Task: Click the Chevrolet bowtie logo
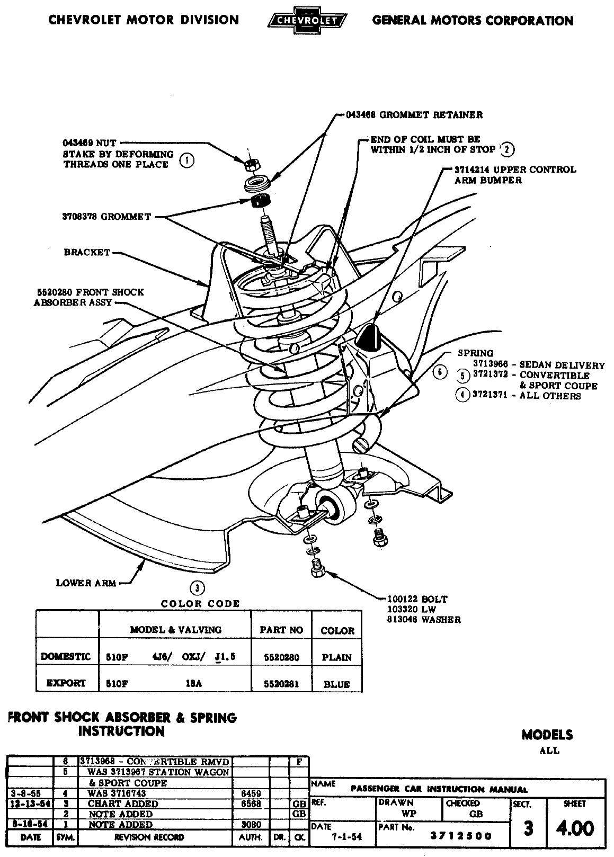point(307,20)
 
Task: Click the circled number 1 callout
point(186,160)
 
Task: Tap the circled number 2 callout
point(508,150)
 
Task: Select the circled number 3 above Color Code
point(197,587)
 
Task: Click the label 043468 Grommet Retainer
point(414,114)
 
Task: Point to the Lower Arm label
point(86,583)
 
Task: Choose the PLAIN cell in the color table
point(337,657)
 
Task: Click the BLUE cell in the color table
point(337,684)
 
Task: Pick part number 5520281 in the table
point(281,684)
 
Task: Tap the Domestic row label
point(66,657)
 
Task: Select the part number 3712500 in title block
point(460,836)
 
